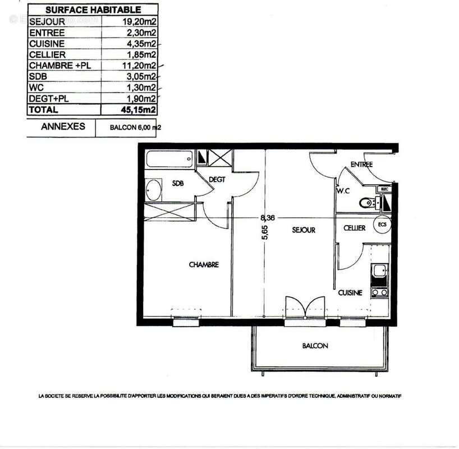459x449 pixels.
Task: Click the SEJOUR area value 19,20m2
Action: click(139, 21)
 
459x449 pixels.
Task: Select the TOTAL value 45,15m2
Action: click(138, 110)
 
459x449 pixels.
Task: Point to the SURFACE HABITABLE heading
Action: click(93, 10)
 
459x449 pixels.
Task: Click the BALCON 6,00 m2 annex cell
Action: click(127, 127)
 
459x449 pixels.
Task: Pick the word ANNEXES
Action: click(63, 126)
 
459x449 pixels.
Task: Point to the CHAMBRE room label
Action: click(203, 264)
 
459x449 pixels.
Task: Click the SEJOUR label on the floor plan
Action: click(304, 230)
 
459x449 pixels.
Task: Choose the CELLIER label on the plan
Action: click(355, 228)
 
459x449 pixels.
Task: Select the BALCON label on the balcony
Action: click(315, 346)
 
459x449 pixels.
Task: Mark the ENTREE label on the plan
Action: click(361, 164)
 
